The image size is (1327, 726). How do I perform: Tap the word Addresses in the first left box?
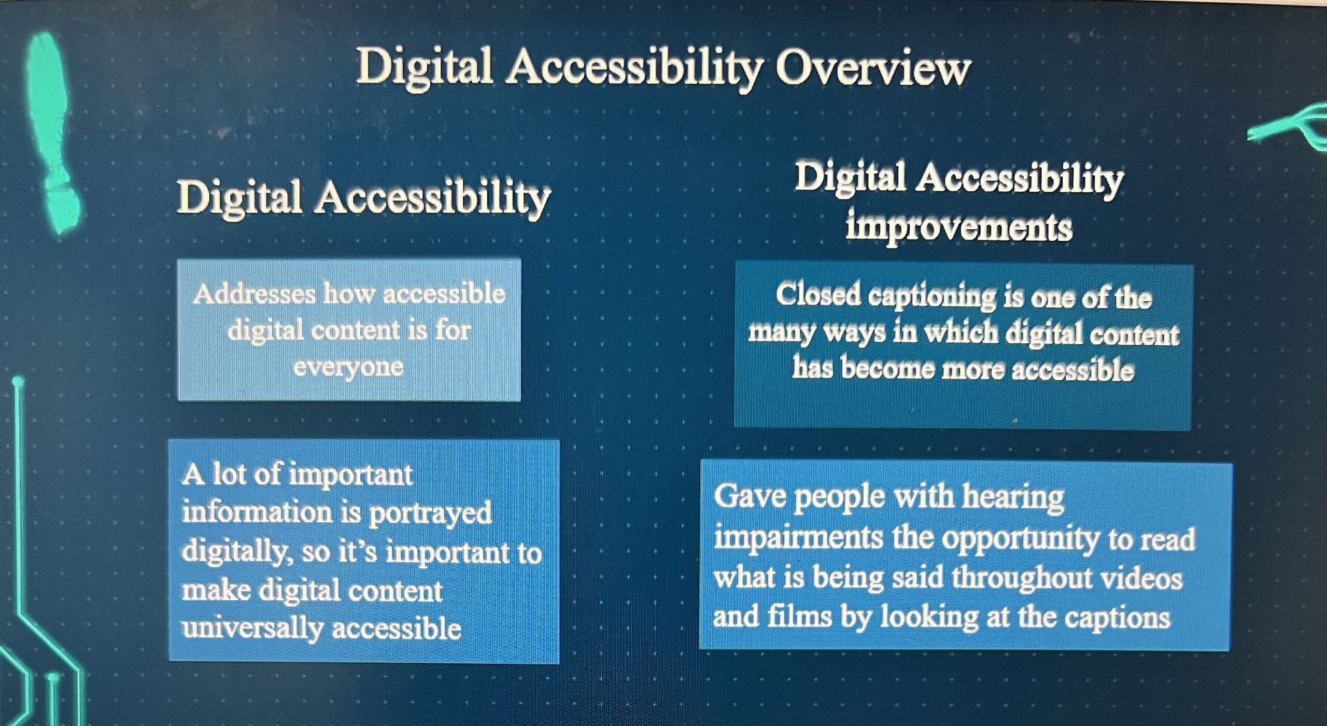(254, 294)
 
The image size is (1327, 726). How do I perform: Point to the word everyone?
(348, 368)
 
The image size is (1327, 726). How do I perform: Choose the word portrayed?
(430, 514)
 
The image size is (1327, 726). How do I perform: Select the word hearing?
(1013, 498)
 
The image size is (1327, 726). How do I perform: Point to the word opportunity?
(1021, 540)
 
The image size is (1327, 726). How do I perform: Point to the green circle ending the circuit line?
(18, 383)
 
